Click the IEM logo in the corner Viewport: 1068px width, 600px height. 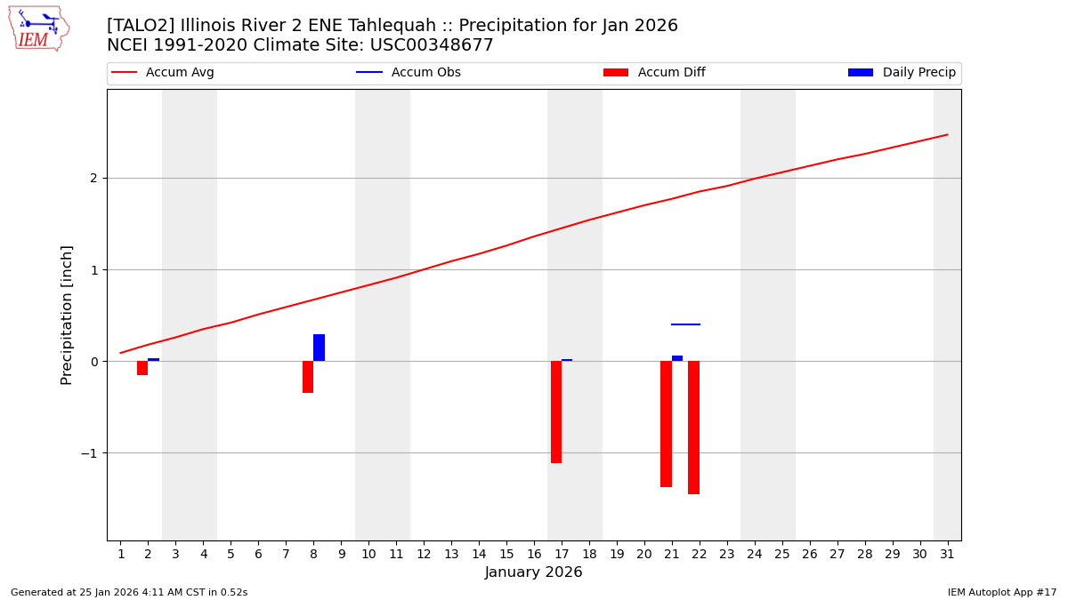(38, 28)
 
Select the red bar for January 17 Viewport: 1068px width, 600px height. (556, 412)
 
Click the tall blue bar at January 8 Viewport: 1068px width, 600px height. (319, 348)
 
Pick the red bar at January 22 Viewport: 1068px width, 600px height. (693, 427)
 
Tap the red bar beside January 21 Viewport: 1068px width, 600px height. (666, 423)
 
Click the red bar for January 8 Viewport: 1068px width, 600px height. (308, 377)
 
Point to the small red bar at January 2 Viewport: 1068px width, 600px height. (142, 368)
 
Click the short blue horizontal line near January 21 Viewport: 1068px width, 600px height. (685, 324)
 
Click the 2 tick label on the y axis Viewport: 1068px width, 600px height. (93, 178)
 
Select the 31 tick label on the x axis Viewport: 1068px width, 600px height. (946, 554)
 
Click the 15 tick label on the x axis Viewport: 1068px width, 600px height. (506, 554)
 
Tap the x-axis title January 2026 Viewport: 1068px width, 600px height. (533, 572)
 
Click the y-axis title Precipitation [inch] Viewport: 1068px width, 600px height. (67, 315)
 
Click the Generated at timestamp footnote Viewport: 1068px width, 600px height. (129, 592)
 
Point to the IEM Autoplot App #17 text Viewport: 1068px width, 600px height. (1002, 592)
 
